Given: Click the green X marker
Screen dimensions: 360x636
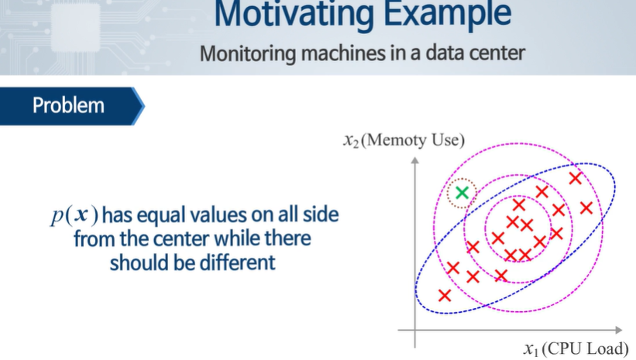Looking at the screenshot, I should (x=462, y=193).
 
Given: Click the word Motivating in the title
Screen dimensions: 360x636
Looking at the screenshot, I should (x=290, y=14).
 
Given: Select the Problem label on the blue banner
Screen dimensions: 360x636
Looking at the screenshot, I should (x=68, y=105).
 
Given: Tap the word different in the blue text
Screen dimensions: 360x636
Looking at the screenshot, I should (x=233, y=262).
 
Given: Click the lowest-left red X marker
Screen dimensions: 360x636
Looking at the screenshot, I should (x=445, y=295).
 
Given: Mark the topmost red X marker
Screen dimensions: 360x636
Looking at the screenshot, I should (x=575, y=178).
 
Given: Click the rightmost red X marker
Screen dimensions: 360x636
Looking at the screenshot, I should (x=586, y=207).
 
